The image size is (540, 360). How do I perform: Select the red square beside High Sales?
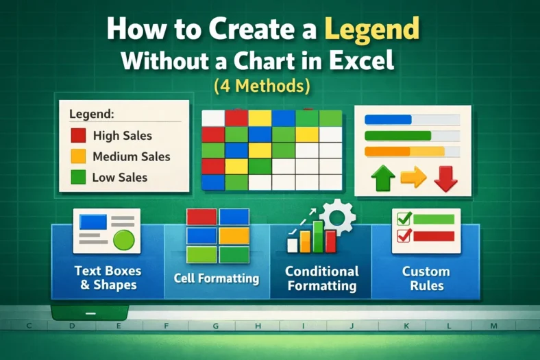point(78,136)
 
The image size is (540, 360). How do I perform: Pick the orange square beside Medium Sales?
point(78,156)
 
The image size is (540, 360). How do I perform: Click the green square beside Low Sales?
point(78,177)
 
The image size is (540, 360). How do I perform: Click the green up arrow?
point(383,179)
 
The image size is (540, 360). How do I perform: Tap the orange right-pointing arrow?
point(413,178)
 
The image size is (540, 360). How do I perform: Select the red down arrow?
point(445,178)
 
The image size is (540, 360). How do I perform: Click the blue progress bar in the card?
point(388,119)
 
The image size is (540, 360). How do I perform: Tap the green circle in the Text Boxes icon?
point(123,240)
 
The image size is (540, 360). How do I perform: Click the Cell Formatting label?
point(216,278)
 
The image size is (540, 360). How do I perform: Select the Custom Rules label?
point(426,278)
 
